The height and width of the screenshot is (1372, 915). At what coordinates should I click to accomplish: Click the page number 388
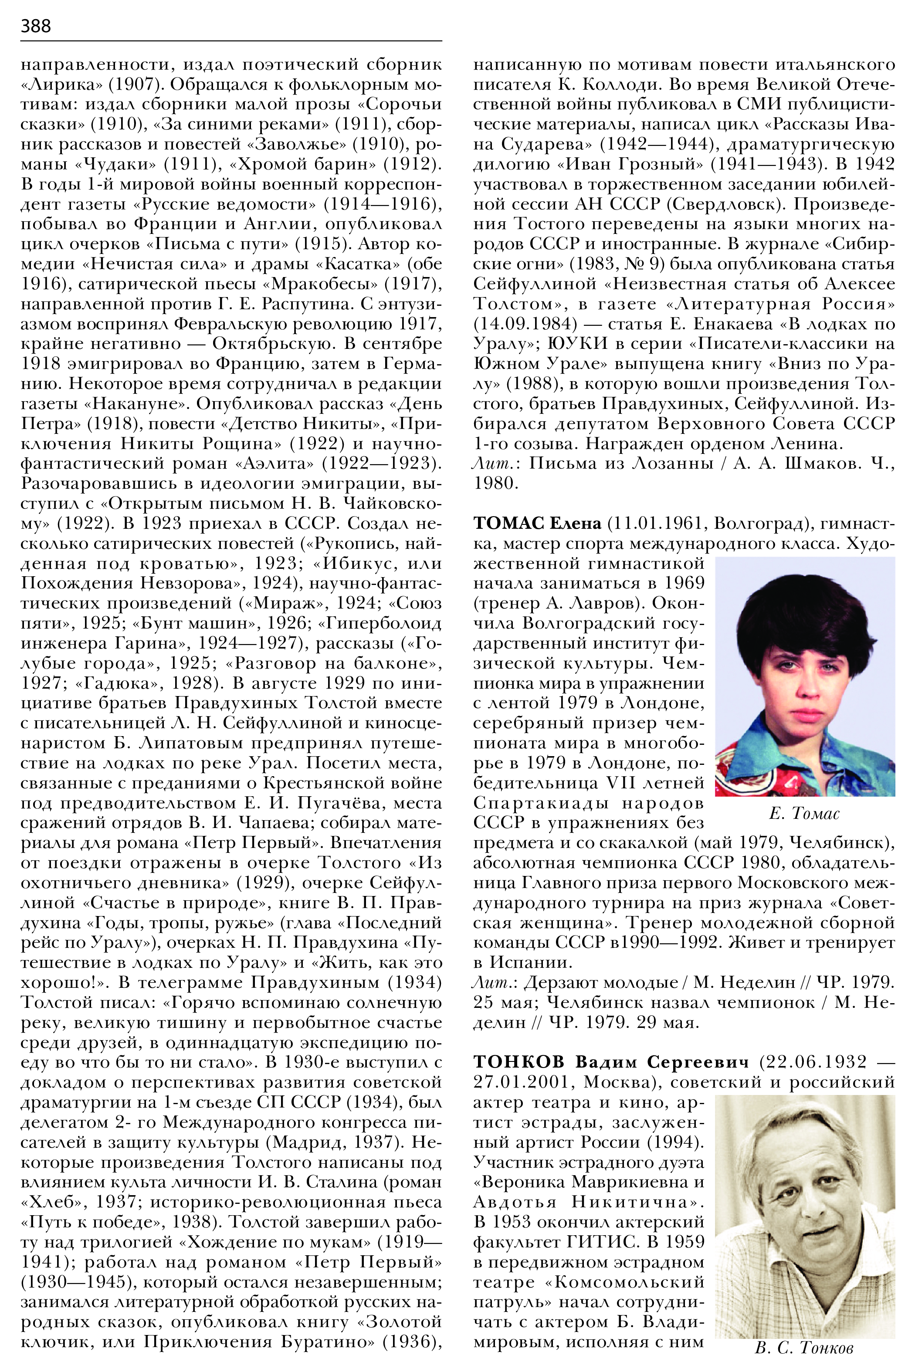(x=36, y=26)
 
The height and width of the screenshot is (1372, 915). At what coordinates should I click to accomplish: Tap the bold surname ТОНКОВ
(x=519, y=1062)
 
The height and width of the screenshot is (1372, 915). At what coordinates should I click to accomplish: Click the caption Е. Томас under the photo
(x=805, y=813)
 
